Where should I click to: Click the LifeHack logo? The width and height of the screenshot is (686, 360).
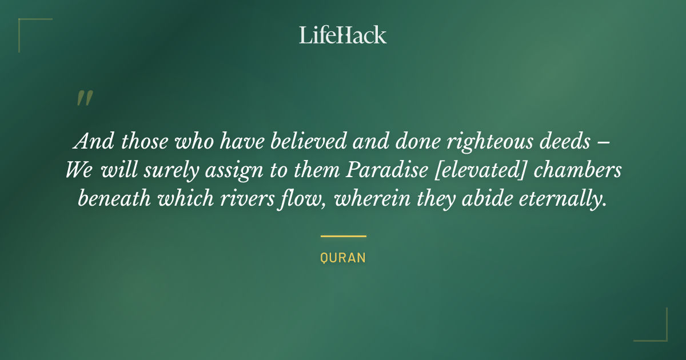[x=342, y=35]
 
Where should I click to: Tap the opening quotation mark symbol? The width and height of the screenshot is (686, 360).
[x=85, y=98]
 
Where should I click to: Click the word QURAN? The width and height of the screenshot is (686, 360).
[x=343, y=258]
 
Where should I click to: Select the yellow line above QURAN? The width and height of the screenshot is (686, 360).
[x=344, y=237]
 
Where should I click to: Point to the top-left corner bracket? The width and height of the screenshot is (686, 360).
[x=19, y=19]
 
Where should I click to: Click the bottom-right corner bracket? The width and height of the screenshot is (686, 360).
[x=666, y=340]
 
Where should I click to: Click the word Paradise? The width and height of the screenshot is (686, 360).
[x=387, y=170]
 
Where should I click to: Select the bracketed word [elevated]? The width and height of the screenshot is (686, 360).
[x=480, y=170]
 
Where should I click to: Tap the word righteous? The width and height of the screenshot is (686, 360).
[x=490, y=142]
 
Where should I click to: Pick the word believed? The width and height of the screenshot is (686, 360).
[x=308, y=141]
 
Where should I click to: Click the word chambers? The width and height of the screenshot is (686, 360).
[x=577, y=170]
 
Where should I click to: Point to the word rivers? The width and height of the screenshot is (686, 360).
[x=247, y=199]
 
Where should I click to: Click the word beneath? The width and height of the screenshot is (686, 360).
[x=114, y=198]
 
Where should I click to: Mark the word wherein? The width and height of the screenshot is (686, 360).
[x=372, y=198]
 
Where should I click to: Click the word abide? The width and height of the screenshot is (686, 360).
[x=487, y=198]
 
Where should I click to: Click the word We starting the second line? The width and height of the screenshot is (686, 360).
[x=79, y=170]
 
